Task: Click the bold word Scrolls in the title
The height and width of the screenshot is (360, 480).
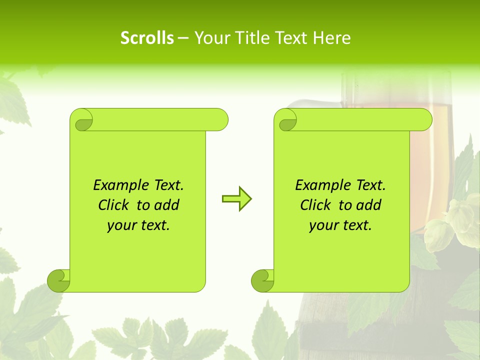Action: pyautogui.click(x=147, y=38)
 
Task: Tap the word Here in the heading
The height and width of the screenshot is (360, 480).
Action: pyautogui.click(x=331, y=38)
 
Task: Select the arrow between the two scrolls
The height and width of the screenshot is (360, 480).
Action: pyautogui.click(x=236, y=198)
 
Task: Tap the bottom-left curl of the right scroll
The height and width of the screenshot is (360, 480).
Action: pyautogui.click(x=262, y=280)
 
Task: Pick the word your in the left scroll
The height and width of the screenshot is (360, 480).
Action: pyautogui.click(x=121, y=225)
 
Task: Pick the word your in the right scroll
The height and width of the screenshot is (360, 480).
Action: pyautogui.click(x=323, y=225)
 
